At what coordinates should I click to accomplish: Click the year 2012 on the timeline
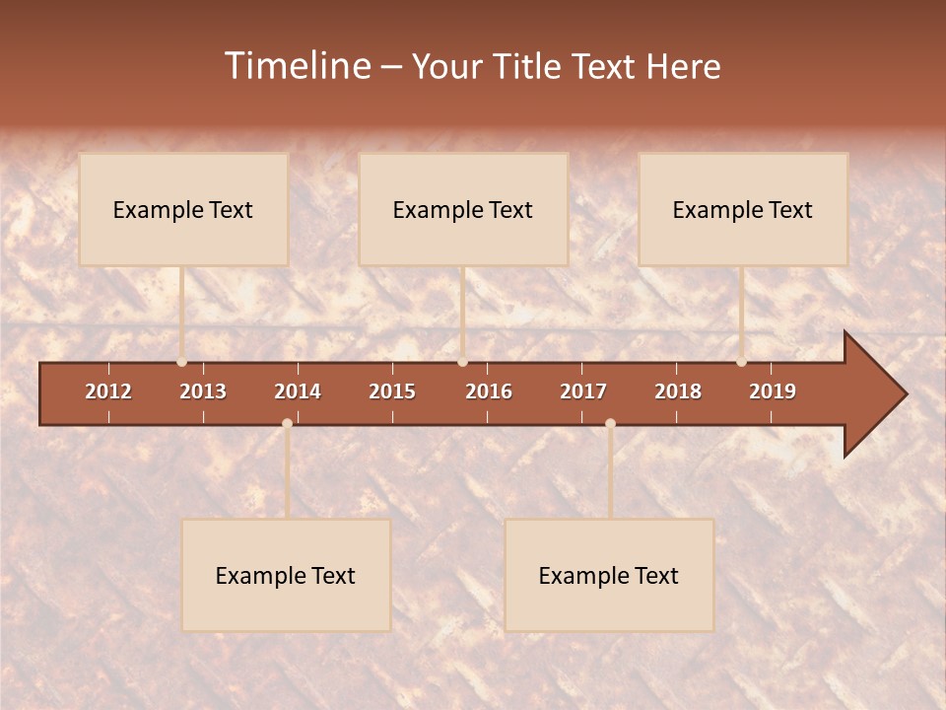pos(108,391)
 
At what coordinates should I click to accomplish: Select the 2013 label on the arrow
pos(203,391)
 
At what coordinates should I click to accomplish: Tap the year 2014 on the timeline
pos(298,391)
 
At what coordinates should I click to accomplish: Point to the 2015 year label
pos(392,391)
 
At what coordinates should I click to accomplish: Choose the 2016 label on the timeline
pos(489,391)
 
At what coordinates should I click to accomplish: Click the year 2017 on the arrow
pos(583,391)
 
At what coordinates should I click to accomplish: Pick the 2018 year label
pos(678,391)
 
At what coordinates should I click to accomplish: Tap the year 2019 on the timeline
pos(773,391)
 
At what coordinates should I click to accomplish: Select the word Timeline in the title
pos(297,66)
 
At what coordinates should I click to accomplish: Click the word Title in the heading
pos(527,66)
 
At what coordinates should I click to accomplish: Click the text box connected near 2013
pos(183,209)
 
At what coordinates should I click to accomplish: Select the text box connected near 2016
pos(463,209)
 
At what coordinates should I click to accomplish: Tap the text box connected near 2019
pos(743,209)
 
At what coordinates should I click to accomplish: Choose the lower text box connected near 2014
pos(286,575)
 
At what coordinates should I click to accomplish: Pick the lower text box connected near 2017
pos(609,575)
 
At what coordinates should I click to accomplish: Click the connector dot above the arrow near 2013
pos(182,362)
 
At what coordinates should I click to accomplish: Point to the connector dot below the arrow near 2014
pos(287,423)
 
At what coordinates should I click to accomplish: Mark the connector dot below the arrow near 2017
pos(610,423)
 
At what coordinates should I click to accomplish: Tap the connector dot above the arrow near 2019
pos(741,362)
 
